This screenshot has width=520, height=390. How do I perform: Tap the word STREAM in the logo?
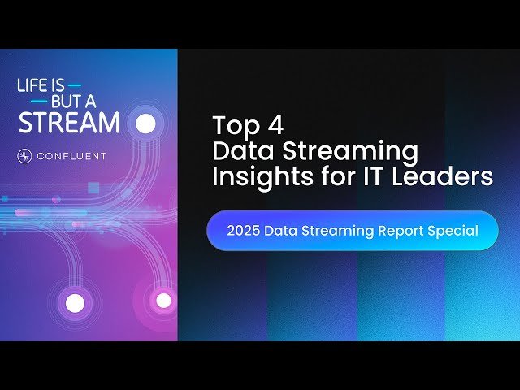tap(69, 123)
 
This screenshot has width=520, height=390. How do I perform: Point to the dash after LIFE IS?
tap(75, 84)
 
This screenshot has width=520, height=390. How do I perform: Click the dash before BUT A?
tap(38, 102)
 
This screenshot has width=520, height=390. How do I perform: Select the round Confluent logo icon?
tap(24, 155)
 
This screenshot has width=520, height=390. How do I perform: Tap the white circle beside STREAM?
tap(145, 123)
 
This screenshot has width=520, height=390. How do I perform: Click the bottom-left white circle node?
tap(75, 304)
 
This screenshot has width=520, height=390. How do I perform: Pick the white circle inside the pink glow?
tap(163, 301)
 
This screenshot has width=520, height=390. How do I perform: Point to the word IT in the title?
tap(370, 176)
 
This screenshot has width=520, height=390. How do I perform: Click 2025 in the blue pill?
tap(243, 231)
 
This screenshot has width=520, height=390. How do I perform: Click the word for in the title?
tap(332, 176)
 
